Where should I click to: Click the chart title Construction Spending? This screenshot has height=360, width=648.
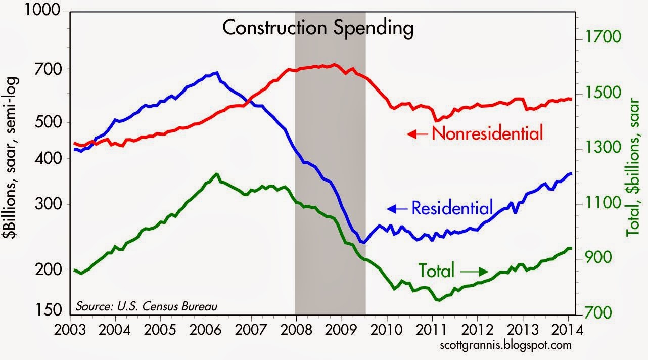pos(318,28)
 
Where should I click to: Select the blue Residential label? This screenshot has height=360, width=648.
pos(452,207)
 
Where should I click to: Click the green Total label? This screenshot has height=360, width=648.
pos(436,271)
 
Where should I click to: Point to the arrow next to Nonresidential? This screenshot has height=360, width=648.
pos(418,134)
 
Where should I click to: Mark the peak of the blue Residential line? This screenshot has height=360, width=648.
pos(217,73)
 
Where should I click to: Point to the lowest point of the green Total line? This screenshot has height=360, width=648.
pos(437,300)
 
